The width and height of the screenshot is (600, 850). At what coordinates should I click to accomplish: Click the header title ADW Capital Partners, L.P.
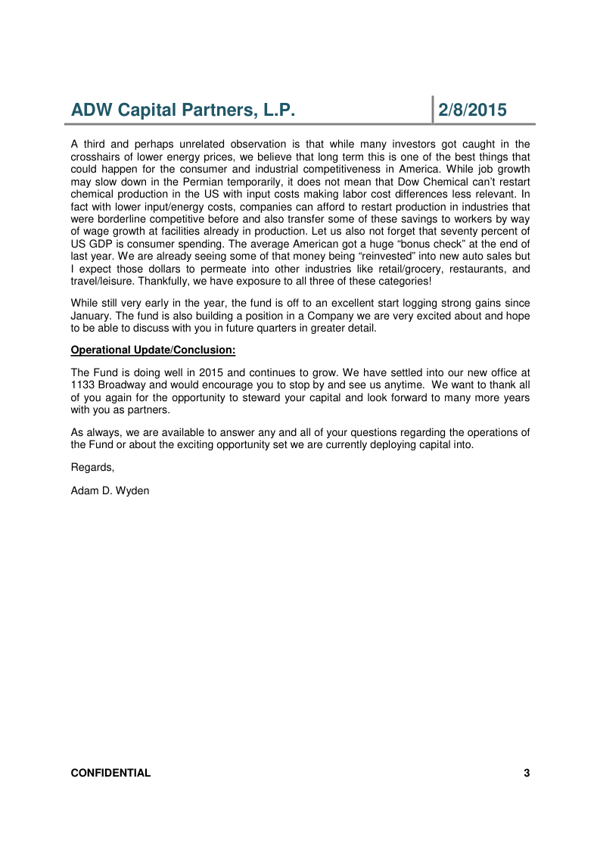(x=182, y=111)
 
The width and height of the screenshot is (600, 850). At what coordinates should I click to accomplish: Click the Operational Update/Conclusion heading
(x=153, y=350)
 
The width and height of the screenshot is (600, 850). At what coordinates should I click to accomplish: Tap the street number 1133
(x=82, y=385)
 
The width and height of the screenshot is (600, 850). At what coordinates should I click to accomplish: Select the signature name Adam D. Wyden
(x=110, y=490)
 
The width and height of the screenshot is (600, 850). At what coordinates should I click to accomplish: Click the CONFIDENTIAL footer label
(x=110, y=773)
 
